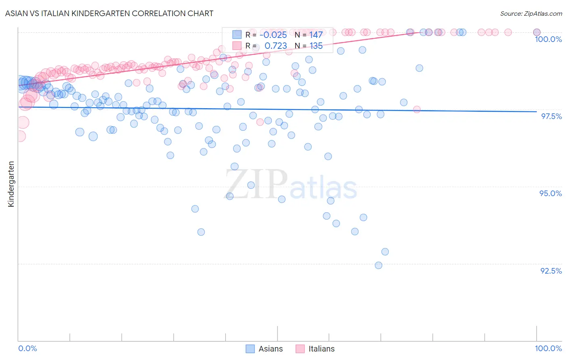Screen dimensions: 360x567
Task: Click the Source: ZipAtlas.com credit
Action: click(x=531, y=13)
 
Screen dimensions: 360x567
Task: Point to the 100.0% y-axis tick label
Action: click(x=548, y=39)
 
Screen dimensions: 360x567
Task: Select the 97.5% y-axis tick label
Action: click(x=551, y=116)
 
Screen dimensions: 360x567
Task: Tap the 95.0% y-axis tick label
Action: click(x=550, y=193)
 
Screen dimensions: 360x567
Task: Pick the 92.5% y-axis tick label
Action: click(x=551, y=271)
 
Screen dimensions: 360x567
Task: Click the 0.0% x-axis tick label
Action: click(x=27, y=348)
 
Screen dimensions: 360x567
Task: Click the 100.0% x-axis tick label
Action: click(x=548, y=348)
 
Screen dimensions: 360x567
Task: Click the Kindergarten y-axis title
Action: click(x=11, y=184)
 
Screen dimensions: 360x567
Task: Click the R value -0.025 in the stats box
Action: click(x=273, y=35)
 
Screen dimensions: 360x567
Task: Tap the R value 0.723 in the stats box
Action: click(x=275, y=46)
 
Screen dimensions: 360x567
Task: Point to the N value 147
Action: click(x=316, y=35)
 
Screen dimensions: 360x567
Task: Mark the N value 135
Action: click(x=316, y=46)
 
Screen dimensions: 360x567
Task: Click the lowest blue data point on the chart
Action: click(x=378, y=265)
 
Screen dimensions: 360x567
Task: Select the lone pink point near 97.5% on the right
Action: click(x=417, y=109)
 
